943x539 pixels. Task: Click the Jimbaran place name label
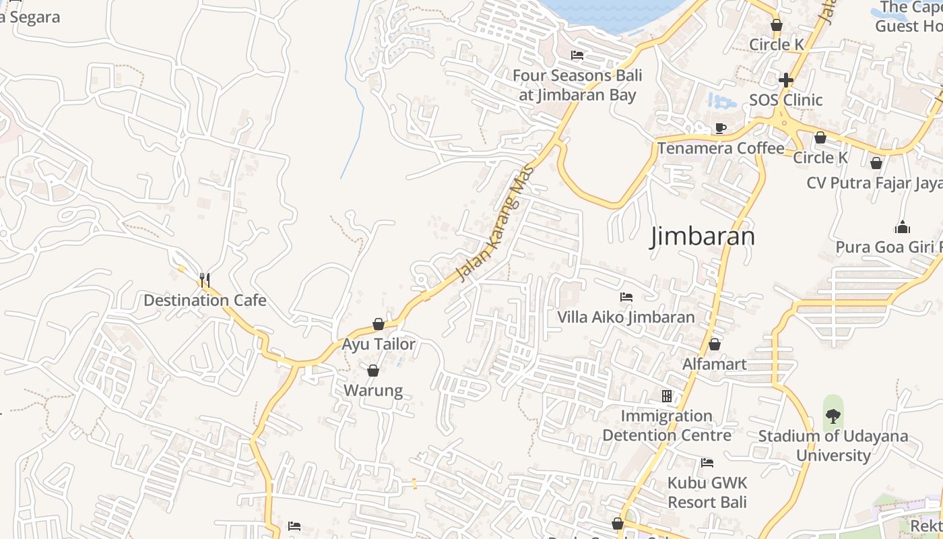tap(702, 236)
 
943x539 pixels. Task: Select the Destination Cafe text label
tap(205, 300)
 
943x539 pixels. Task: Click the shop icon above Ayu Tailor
tap(379, 324)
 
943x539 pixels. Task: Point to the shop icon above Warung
tap(373, 371)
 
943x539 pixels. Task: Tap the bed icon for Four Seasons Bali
tap(577, 55)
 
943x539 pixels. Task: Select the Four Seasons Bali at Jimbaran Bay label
tap(577, 85)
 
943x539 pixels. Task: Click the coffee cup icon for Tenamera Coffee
tap(721, 128)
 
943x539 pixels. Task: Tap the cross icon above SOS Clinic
tap(785, 80)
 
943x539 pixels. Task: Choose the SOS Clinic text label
tap(785, 100)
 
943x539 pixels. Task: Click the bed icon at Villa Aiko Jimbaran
tap(626, 297)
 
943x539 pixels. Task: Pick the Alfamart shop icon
tap(715, 344)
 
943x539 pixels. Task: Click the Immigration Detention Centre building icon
tap(667, 396)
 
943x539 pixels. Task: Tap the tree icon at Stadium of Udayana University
tap(833, 416)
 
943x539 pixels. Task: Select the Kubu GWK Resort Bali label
tap(707, 493)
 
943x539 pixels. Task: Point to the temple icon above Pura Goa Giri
tap(902, 227)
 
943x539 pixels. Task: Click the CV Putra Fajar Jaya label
tap(874, 183)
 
